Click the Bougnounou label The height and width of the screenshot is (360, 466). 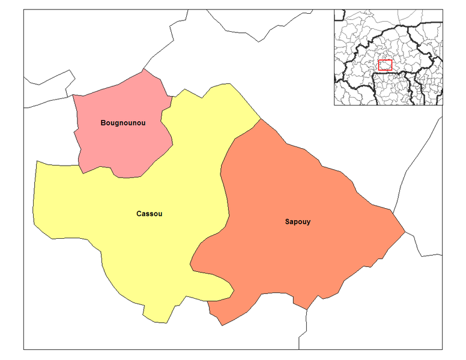(123, 122)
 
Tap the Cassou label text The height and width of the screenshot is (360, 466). (150, 214)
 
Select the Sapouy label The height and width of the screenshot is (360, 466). (298, 222)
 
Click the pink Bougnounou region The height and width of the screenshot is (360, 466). (120, 144)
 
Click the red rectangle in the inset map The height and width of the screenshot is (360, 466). (386, 65)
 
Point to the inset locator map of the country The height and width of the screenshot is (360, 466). (389, 57)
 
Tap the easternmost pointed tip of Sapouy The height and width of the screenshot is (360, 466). (405, 231)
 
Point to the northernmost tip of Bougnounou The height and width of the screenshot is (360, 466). (145, 70)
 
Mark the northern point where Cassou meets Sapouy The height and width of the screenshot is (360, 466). (261, 119)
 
